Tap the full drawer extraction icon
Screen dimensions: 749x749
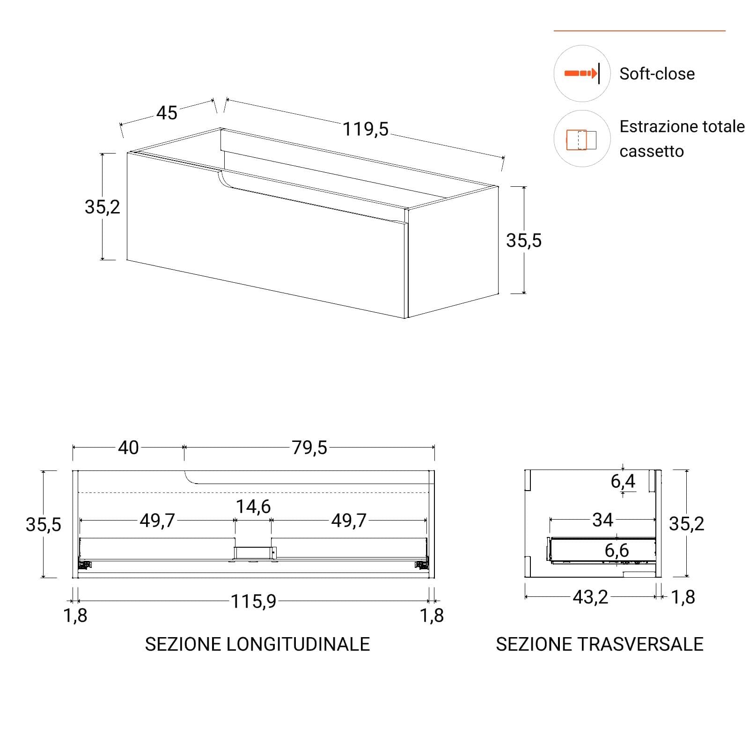click(581, 140)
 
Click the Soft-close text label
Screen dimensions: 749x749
click(657, 73)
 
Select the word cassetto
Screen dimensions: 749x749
click(652, 151)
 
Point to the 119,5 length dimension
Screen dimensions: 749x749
click(366, 129)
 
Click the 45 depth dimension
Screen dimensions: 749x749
click(167, 113)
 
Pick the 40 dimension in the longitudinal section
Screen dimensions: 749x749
click(128, 448)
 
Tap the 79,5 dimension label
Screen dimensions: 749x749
click(309, 448)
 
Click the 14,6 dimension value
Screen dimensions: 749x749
click(253, 507)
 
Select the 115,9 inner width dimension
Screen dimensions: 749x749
click(253, 601)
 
